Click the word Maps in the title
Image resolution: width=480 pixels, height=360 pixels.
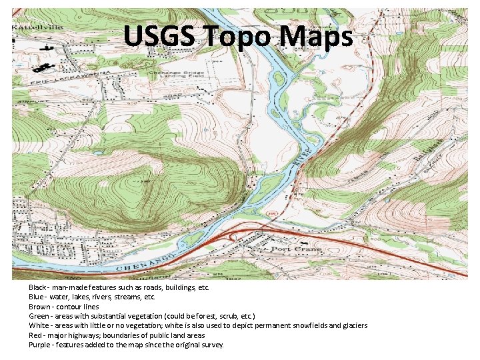316,37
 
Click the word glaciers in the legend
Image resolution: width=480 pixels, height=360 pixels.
351,325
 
